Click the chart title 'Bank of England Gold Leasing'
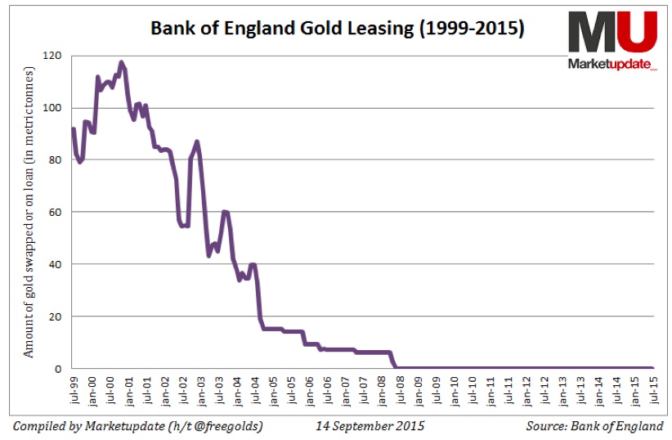[x=337, y=29]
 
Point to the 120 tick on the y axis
[x=55, y=56]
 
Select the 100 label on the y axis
[x=55, y=108]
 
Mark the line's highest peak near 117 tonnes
[x=121, y=62]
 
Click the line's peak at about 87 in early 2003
[x=197, y=141]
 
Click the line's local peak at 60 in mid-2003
[x=224, y=211]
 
